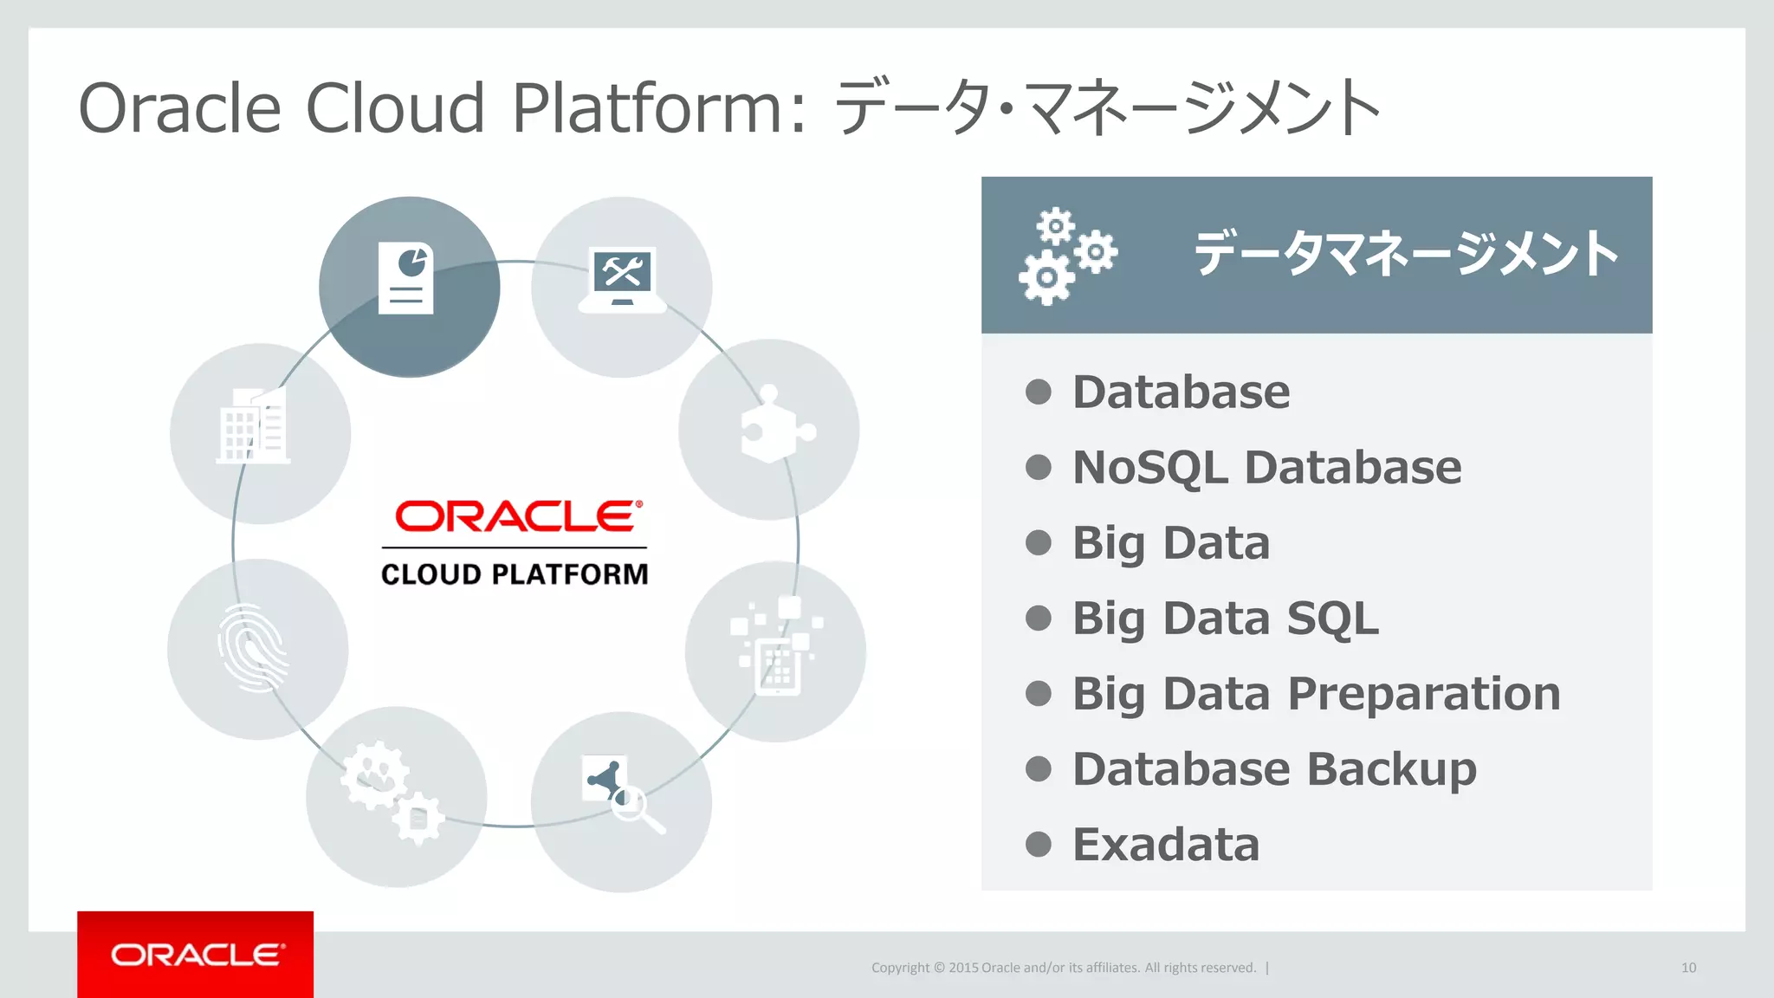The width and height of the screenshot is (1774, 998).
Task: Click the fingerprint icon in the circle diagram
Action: pos(253,648)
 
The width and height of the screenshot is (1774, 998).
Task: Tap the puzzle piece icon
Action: pos(774,425)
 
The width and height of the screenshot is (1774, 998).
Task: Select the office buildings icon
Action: pos(253,426)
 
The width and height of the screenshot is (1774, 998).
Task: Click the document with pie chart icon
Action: pos(406,279)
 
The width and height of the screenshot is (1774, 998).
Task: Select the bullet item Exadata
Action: pos(1165,844)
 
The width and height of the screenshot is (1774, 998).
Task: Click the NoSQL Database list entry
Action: pos(1266,468)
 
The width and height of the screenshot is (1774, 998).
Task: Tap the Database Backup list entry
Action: pos(1274,768)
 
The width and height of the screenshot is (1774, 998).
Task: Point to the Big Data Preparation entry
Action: pos(1316,693)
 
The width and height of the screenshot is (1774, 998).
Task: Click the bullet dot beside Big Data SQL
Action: pos(1038,619)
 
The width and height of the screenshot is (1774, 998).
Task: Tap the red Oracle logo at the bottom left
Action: pos(196,955)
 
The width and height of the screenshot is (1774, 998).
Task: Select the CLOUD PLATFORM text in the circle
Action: pos(515,574)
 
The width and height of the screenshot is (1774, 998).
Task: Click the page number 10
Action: pos(1688,968)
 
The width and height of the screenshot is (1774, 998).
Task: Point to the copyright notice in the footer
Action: pos(1064,968)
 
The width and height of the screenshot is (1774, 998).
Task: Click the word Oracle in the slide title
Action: pos(180,108)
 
